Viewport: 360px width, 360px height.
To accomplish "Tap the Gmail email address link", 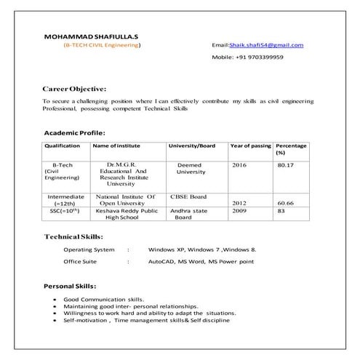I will [266, 45].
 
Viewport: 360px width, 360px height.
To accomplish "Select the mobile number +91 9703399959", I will [257, 57].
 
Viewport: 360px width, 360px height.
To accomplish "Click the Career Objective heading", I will [74, 88].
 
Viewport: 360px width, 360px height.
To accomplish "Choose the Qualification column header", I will [63, 146].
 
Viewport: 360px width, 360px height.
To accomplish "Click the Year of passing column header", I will [250, 146].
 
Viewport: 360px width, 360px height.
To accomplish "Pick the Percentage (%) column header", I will [291, 149].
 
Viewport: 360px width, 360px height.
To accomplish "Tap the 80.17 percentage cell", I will [285, 166].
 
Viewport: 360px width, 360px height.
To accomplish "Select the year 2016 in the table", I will [239, 166].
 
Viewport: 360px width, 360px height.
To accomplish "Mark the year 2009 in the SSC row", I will [239, 211].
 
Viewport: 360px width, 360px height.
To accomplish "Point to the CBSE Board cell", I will [188, 196].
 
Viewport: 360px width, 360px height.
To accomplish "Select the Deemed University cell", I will [191, 169].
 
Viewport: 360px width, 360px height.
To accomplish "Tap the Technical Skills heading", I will [73, 236].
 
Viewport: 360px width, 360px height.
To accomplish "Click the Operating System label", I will [89, 249].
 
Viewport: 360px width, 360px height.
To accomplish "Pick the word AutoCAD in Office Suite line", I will [162, 260].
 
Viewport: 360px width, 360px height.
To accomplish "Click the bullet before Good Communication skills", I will [56, 300].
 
